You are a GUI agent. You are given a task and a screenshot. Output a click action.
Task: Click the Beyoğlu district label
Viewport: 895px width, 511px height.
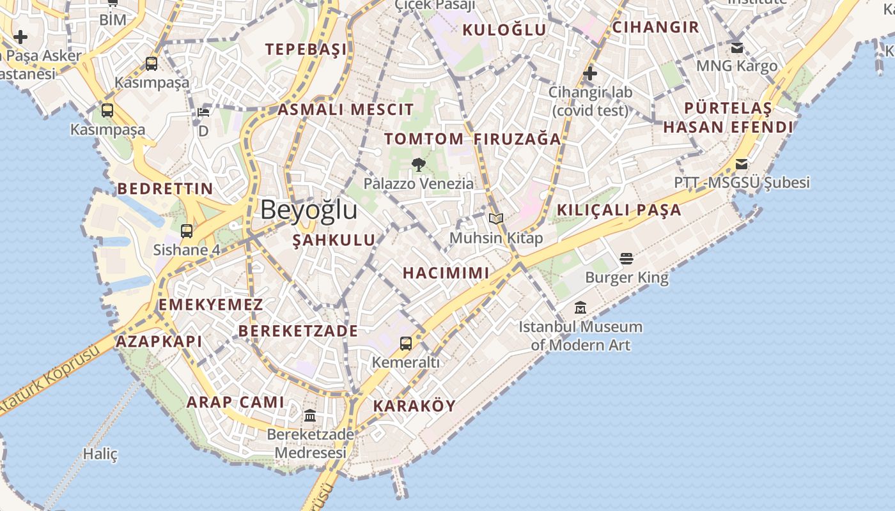click(x=309, y=210)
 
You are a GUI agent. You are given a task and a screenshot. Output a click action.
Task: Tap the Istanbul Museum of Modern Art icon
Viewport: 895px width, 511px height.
click(x=580, y=308)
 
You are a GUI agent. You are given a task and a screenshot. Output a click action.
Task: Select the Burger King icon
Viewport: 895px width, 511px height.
click(x=626, y=259)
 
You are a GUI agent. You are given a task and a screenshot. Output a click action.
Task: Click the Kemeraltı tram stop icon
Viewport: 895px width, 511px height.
click(x=406, y=344)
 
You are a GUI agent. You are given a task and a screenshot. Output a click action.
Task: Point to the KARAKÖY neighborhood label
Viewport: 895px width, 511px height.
click(x=414, y=406)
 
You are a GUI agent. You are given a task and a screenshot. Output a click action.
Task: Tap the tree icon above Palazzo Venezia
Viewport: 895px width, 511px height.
click(x=419, y=165)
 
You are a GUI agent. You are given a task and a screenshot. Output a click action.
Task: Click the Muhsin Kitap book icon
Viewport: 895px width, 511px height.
click(x=496, y=219)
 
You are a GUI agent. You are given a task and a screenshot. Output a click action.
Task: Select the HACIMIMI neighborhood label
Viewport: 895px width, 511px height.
click(x=446, y=273)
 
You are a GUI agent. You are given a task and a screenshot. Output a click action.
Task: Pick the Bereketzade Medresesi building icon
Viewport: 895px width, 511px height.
click(x=310, y=416)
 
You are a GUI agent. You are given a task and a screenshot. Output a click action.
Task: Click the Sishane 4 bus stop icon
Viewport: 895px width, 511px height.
click(x=187, y=231)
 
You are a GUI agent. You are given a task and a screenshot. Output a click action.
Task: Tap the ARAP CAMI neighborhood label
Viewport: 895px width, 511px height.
click(x=235, y=402)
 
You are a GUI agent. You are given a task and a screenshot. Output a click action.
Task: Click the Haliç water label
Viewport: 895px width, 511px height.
click(x=100, y=454)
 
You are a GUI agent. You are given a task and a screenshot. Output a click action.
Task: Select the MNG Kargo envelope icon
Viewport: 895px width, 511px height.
click(x=737, y=48)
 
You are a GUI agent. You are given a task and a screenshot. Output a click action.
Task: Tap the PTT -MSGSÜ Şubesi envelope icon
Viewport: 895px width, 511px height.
click(x=742, y=164)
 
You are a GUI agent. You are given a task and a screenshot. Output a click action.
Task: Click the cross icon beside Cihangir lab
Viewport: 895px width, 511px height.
click(x=590, y=74)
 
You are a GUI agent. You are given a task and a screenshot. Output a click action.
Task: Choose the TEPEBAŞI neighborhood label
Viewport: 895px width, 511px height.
click(x=306, y=49)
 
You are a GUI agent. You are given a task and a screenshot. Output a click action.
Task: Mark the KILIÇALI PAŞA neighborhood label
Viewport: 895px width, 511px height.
click(x=619, y=210)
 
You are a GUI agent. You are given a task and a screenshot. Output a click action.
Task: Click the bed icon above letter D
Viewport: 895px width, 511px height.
click(x=203, y=112)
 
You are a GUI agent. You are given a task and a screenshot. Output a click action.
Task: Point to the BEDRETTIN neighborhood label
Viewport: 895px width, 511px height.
click(x=165, y=188)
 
